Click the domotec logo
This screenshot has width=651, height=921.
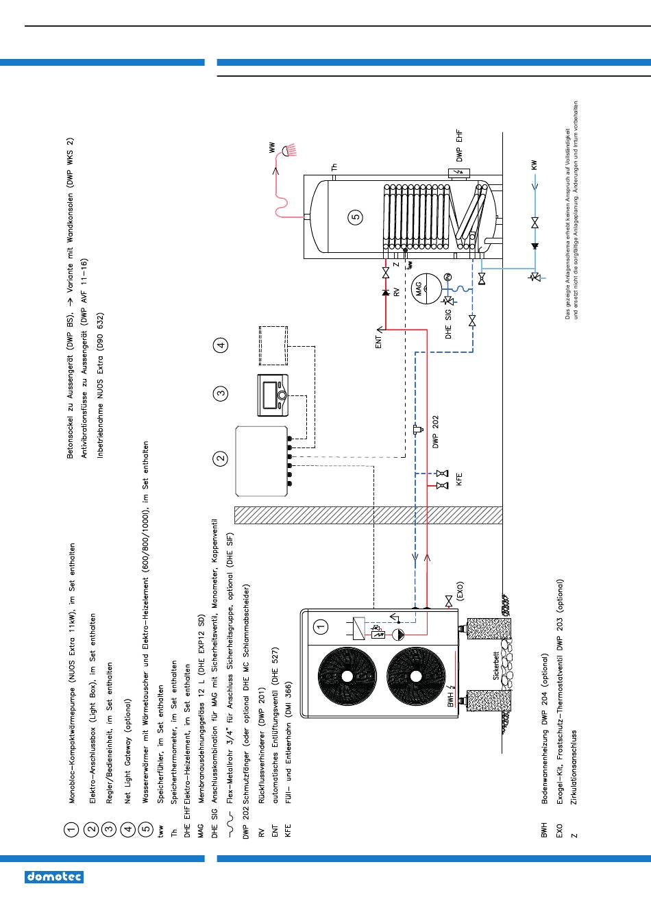54,877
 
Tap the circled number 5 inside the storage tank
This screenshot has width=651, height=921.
356,217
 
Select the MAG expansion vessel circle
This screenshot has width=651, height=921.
426,289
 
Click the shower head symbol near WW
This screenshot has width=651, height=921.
288,150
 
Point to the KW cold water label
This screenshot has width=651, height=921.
535,165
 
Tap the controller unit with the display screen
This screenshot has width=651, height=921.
273,395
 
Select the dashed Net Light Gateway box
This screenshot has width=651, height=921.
273,346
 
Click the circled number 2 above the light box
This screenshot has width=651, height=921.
221,458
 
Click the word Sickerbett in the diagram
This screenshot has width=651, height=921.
496,665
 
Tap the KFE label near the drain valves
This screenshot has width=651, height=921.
459,480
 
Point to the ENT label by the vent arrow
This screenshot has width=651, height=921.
378,341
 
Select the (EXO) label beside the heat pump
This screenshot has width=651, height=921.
460,591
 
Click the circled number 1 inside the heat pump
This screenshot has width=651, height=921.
321,627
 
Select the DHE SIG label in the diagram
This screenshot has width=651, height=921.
448,324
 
